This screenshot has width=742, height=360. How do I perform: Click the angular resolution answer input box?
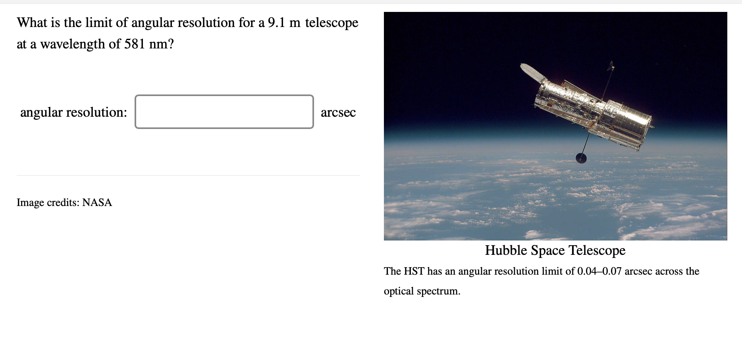coord(224,112)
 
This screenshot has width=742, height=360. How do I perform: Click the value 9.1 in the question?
coord(276,23)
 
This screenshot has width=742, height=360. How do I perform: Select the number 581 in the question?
coord(135,44)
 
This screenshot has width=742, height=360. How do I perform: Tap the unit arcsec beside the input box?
coord(338,112)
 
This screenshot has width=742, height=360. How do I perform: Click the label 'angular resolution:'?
coord(73,112)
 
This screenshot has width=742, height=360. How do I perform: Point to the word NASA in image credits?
coord(97,202)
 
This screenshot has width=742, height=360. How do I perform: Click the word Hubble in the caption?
coord(506,250)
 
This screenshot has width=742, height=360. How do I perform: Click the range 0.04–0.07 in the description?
coord(599,271)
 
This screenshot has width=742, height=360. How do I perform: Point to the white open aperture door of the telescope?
coord(532,73)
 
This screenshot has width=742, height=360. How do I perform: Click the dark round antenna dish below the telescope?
coord(581,158)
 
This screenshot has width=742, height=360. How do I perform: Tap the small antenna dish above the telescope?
coord(611,65)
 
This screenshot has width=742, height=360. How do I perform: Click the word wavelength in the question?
coord(72,44)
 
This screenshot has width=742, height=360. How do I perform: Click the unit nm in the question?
coord(158,44)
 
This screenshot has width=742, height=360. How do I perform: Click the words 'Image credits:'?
coord(48,202)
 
